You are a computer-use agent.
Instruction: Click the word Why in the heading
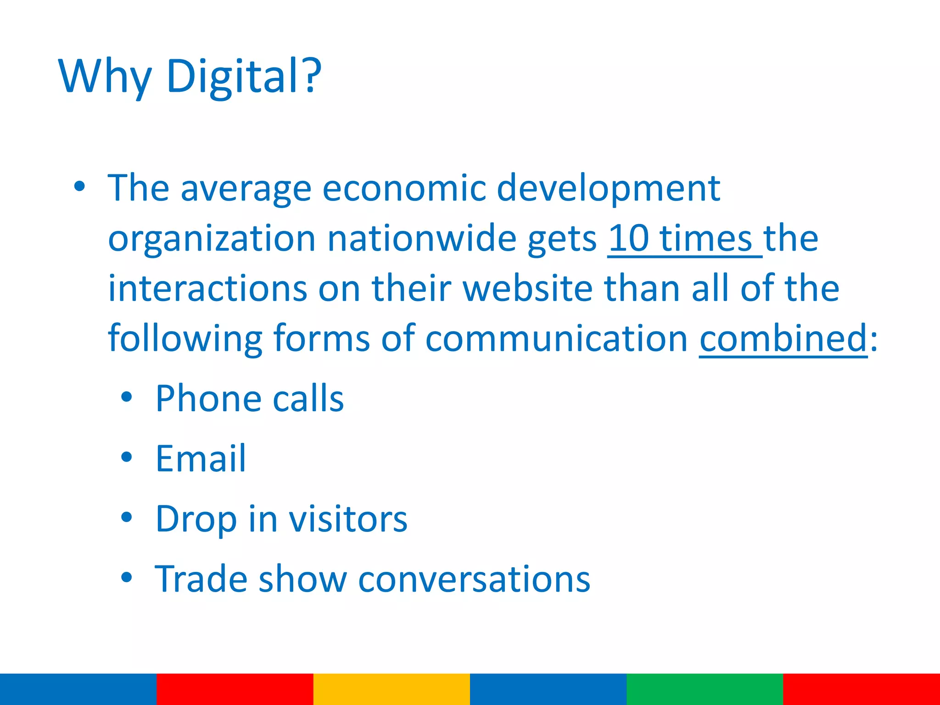click(105, 77)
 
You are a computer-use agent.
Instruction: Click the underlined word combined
click(783, 338)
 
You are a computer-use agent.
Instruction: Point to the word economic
click(404, 188)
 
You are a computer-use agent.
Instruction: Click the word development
click(608, 189)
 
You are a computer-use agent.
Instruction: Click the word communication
click(556, 338)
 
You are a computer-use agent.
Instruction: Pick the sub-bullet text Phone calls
click(249, 398)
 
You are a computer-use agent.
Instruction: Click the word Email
click(201, 459)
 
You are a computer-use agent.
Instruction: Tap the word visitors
click(347, 519)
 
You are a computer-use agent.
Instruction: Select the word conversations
click(474, 579)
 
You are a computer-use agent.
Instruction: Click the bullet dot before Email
click(127, 457)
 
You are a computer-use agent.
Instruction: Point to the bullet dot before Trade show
click(127, 577)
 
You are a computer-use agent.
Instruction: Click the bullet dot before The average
click(79, 186)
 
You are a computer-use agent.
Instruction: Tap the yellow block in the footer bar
click(392, 689)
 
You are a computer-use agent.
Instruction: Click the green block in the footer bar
click(705, 689)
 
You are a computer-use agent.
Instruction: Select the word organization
click(212, 239)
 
